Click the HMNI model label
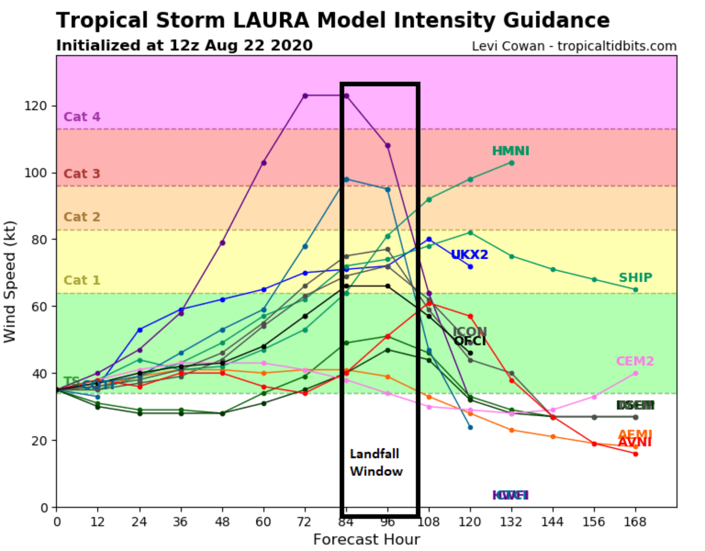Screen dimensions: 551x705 [x=510, y=151]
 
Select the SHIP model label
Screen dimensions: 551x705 [x=635, y=278]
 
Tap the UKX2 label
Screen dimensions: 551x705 [x=470, y=255]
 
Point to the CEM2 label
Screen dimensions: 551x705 [x=635, y=361]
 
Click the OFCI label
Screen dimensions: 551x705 [x=470, y=341]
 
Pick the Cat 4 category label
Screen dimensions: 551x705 [x=81, y=117]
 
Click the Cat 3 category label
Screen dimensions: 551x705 [x=81, y=174]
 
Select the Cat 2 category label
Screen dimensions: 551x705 [x=81, y=217]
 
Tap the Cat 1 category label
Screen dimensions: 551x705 [x=81, y=280]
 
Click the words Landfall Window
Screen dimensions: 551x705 [x=376, y=463]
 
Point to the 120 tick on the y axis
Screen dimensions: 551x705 [x=35, y=106]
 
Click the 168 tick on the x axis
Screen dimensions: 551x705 [x=635, y=522]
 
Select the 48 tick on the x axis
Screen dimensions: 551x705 [x=222, y=522]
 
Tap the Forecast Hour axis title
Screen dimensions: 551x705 [x=366, y=540]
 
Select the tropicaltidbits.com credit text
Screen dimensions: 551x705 [x=617, y=46]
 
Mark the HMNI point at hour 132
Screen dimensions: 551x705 [x=511, y=163]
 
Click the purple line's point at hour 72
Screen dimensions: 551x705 [x=305, y=96]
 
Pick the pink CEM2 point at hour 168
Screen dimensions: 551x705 [x=635, y=373]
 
